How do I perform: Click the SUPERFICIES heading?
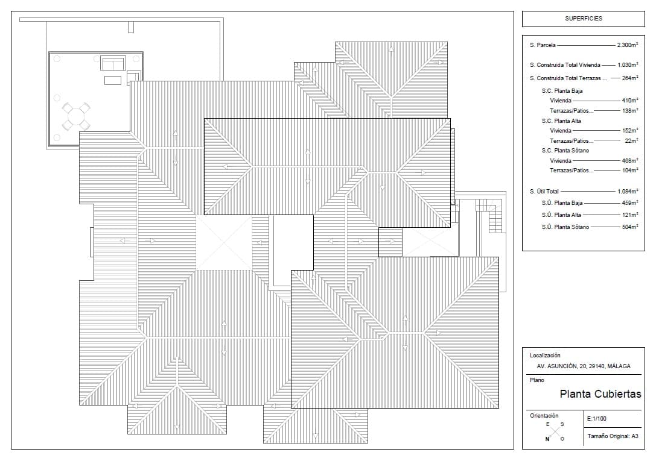pos(583,19)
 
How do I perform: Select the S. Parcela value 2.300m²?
pos(628,45)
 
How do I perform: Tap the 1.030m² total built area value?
pos(628,64)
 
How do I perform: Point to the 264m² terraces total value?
pos(630,78)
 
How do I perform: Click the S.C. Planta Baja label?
pos(562,90)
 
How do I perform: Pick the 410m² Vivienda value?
pos(630,100)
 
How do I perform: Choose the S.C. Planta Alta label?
pos(561,121)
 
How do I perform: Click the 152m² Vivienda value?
pos(630,130)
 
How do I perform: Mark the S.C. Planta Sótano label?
pos(565,151)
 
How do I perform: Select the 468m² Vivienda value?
pos(630,160)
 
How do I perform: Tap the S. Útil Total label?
pos(544,191)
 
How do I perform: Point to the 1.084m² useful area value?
pos(628,191)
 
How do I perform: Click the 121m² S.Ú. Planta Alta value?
pos(630,215)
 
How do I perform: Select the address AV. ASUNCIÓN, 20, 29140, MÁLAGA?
pos(583,366)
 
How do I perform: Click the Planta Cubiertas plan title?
pos(600,394)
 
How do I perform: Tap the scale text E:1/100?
pos(597,418)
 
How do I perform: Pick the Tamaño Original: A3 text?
pos(613,436)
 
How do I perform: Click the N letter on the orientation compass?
pos(547,439)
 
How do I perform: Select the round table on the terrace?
pos(75,116)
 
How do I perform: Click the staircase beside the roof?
pos(489,215)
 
